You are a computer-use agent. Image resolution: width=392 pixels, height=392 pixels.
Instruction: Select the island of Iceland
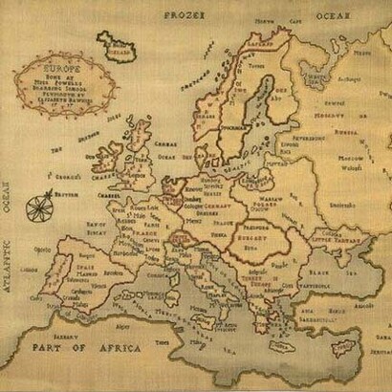coord(118,45)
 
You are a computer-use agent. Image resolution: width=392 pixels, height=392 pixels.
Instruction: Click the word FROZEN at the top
coord(185,16)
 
